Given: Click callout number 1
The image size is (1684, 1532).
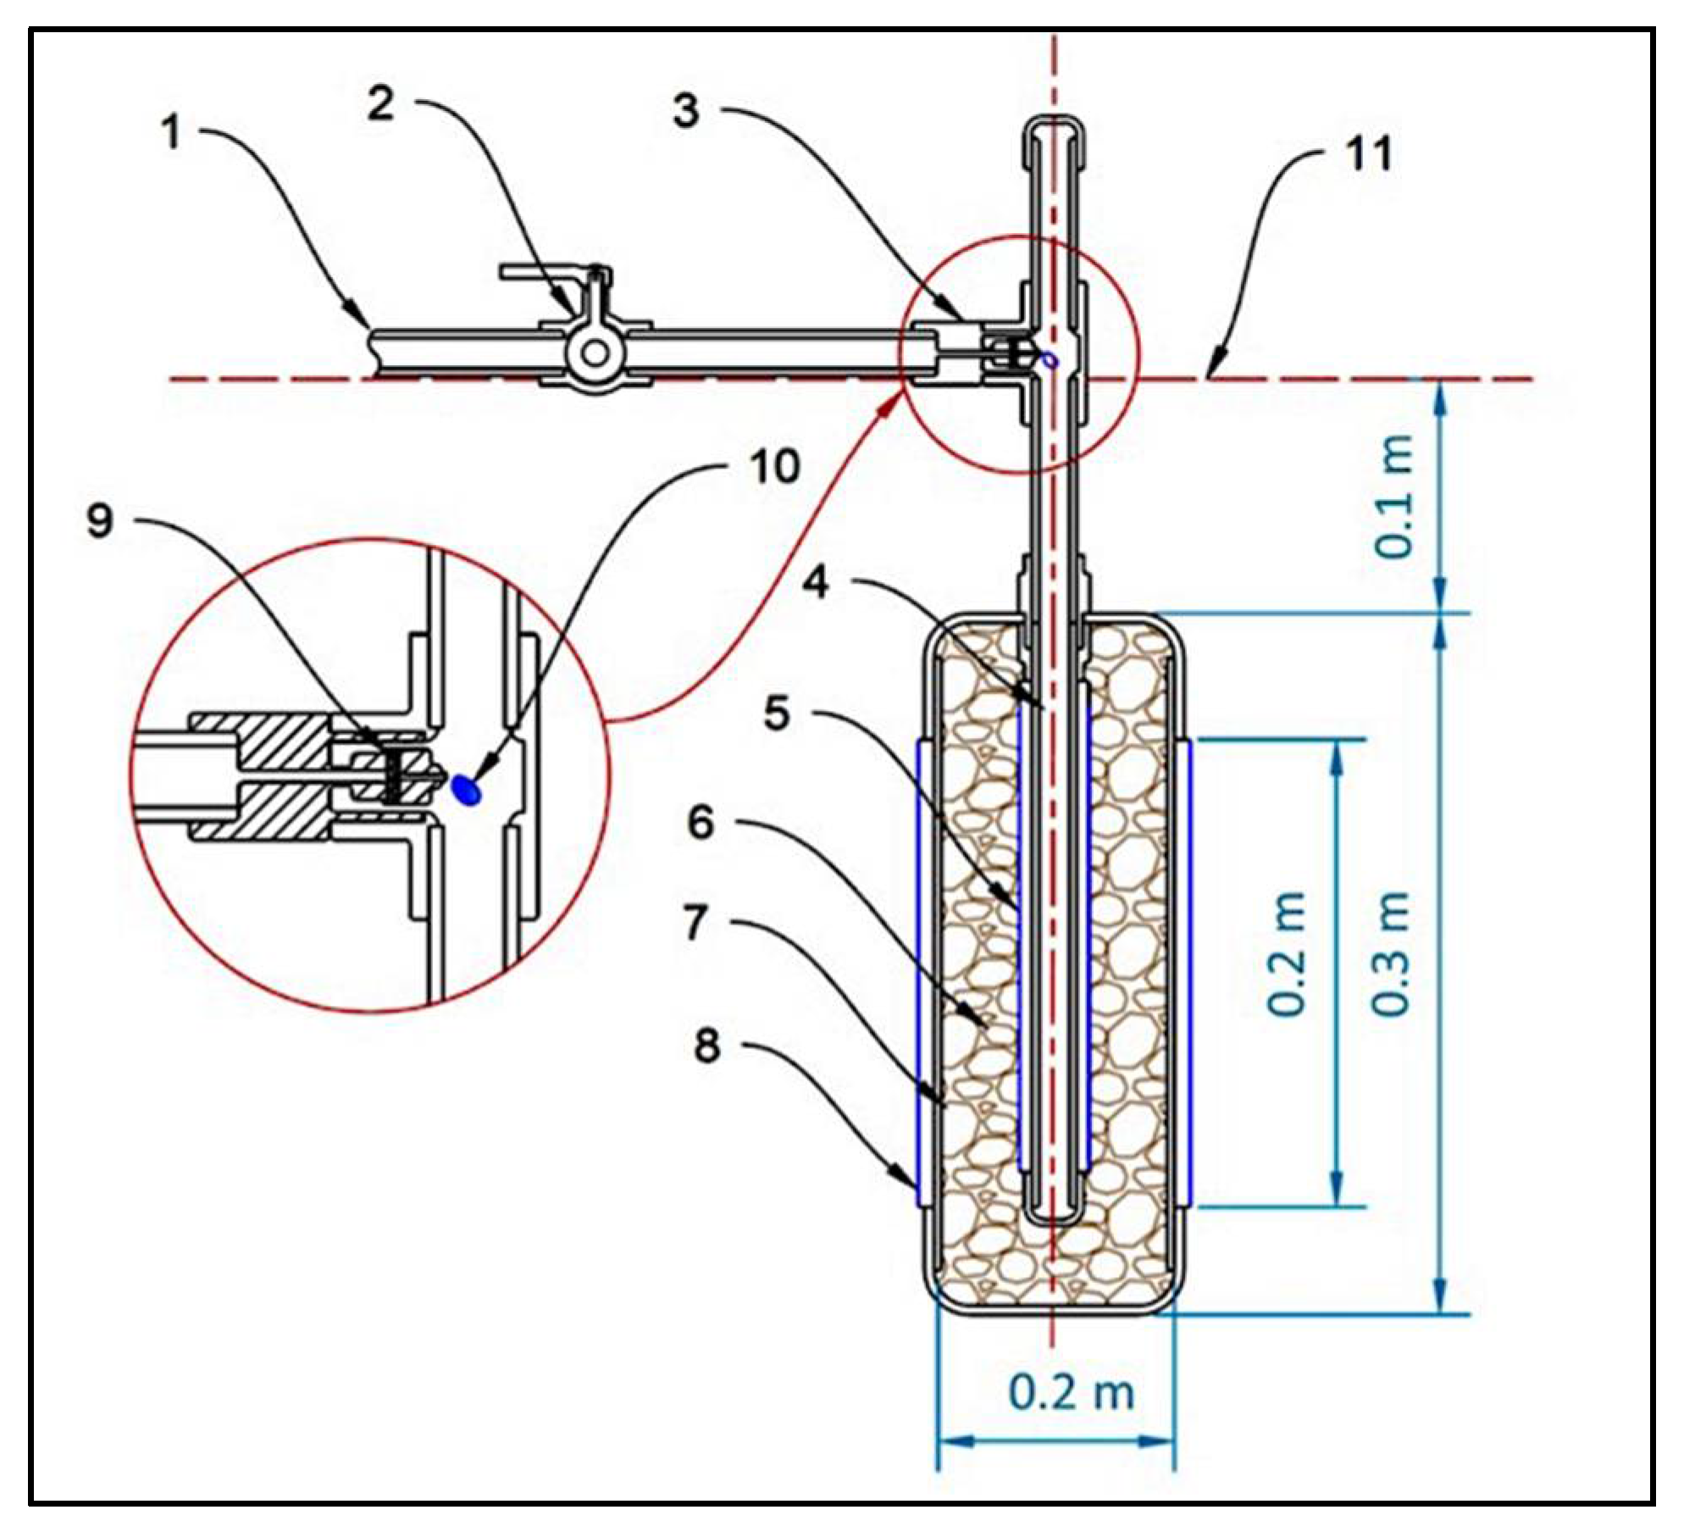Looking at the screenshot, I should (x=172, y=133).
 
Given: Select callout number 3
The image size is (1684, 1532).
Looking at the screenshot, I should (x=686, y=110).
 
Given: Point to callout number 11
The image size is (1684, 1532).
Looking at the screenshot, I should (x=1368, y=154).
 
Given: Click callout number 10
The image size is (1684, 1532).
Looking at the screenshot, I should (x=773, y=467).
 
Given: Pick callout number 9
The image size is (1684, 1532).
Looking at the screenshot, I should (x=100, y=519).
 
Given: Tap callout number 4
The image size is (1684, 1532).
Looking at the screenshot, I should (x=815, y=583).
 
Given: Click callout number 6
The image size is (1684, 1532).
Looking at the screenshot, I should (x=701, y=822).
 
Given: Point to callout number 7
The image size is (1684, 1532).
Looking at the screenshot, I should (x=696, y=923).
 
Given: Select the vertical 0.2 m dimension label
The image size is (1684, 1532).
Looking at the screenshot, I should (x=1287, y=953).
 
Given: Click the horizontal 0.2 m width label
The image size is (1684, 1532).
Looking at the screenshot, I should (x=1071, y=1391).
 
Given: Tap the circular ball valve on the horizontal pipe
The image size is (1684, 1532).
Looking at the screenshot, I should (x=596, y=353).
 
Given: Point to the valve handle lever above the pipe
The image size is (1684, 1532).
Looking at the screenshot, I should (x=542, y=272).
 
